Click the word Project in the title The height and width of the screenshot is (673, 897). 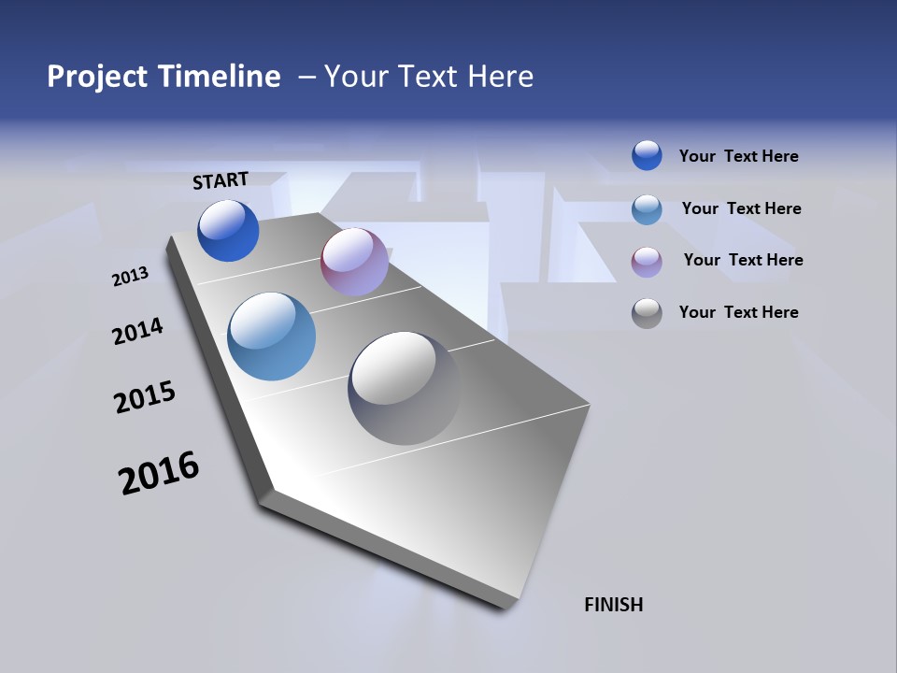(96, 77)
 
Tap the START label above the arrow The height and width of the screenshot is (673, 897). (221, 180)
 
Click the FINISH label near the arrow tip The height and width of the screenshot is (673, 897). (613, 605)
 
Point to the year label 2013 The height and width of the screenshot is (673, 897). (131, 277)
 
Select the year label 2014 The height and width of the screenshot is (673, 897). (138, 331)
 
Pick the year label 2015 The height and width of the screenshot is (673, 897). (145, 397)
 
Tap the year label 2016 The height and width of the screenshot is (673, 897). (159, 473)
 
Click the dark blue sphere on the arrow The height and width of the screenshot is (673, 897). (228, 231)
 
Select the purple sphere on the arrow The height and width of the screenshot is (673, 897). (354, 262)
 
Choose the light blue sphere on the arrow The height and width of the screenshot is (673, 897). (271, 336)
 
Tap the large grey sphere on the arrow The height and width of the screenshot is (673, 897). (405, 388)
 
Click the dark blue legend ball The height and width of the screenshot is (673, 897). (647, 155)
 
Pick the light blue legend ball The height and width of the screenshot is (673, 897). (647, 208)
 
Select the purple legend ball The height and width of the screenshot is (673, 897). (647, 261)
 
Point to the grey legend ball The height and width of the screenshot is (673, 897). (647, 312)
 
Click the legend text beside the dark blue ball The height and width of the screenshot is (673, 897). (738, 156)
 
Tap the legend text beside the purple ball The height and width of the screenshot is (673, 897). (743, 260)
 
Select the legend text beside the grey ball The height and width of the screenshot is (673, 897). (738, 312)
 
